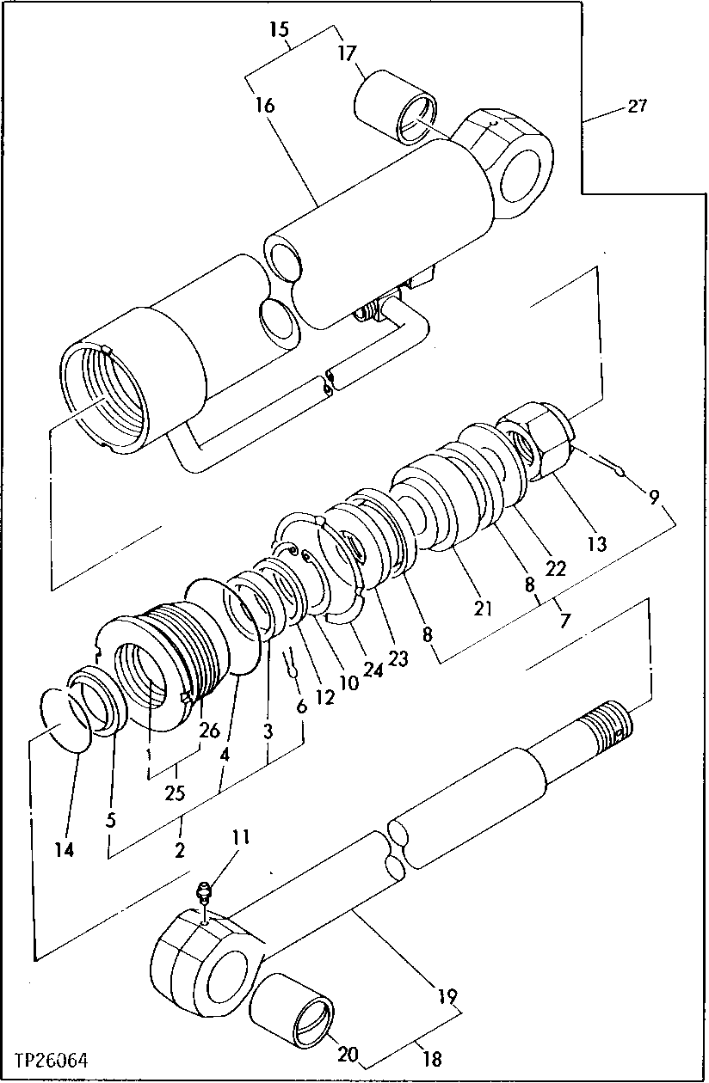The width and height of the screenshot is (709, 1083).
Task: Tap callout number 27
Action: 638,107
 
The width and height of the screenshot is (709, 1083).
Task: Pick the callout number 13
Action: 596,544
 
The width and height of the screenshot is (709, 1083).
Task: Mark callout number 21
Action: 482,609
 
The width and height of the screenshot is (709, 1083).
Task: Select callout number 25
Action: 175,793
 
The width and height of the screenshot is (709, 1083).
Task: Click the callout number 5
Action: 111,819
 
